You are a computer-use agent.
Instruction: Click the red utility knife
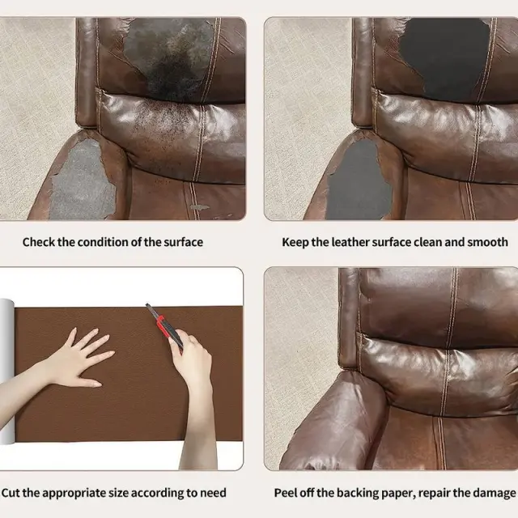[164, 328]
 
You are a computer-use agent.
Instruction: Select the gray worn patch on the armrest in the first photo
[81, 180]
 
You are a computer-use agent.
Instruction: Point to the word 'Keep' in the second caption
[295, 242]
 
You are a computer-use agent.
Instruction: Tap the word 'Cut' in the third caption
[11, 493]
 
